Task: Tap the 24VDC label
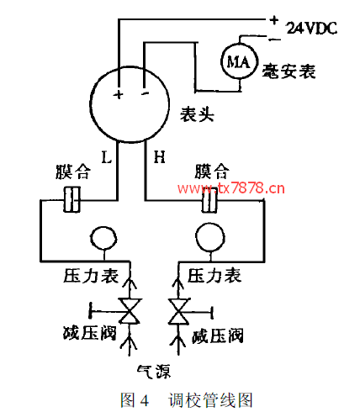pos(311,28)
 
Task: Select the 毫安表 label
pos(289,71)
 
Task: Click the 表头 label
pos(197,114)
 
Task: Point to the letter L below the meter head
pos(107,157)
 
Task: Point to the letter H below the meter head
pos(160,157)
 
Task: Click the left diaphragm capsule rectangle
pos(72,199)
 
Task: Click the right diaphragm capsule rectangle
pos(209,200)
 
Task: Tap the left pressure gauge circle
pos(103,239)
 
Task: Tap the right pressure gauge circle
pos(210,238)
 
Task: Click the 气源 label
pos(154,372)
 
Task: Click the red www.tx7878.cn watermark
pos(231,188)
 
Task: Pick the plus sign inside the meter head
pos(119,94)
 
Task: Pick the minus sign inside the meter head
pos(146,93)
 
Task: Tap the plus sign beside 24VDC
pos(273,19)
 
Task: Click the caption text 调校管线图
pos(210,400)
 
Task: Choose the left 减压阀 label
pos(89,333)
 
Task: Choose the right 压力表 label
pos(214,276)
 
